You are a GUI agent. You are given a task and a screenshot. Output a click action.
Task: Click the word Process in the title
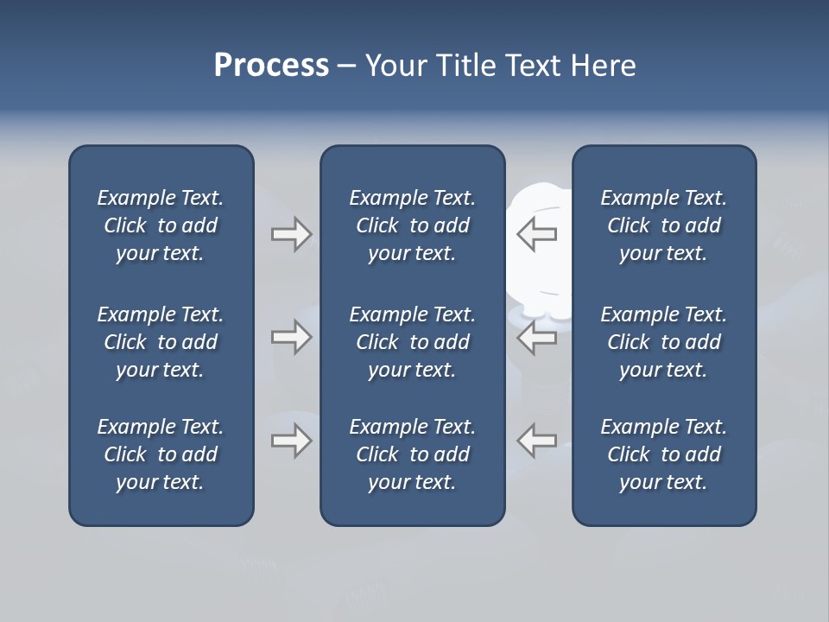click(x=271, y=66)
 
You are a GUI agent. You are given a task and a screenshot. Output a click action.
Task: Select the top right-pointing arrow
click(x=291, y=233)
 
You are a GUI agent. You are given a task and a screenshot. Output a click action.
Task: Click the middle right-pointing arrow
click(x=291, y=337)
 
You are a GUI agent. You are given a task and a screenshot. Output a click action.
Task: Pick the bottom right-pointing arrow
click(x=291, y=441)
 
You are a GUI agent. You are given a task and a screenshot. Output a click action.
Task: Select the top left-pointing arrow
click(x=536, y=233)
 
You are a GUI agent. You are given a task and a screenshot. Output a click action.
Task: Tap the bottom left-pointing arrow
click(x=536, y=441)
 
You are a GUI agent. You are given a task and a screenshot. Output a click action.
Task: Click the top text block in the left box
click(x=161, y=225)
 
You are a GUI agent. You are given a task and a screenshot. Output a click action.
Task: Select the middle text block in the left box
click(x=161, y=342)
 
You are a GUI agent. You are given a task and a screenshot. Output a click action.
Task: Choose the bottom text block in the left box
click(x=161, y=454)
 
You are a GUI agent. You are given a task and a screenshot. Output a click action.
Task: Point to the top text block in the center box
click(x=413, y=225)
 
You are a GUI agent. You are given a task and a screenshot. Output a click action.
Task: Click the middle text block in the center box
click(x=413, y=342)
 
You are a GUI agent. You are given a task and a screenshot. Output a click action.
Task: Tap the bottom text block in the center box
click(x=413, y=454)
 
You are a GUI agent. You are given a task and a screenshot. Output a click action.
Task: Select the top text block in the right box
click(x=664, y=225)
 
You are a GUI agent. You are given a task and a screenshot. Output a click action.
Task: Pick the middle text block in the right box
click(x=664, y=342)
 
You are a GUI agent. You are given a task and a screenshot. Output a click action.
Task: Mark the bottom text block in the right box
click(x=664, y=454)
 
